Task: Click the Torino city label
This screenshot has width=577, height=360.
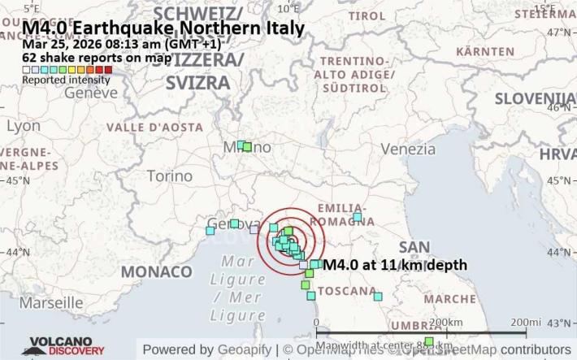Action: (x=169, y=176)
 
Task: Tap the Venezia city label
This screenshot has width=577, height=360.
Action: (x=408, y=149)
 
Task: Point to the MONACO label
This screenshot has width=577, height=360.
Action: (x=156, y=271)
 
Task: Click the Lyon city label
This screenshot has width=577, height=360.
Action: (x=23, y=126)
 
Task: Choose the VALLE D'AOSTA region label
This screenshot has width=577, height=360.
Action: (x=154, y=128)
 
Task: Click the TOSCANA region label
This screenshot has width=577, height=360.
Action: (x=348, y=290)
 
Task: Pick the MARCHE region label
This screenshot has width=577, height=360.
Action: (x=449, y=298)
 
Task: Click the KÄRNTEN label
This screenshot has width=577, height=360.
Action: (x=485, y=51)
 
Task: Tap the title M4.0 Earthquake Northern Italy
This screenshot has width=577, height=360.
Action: (x=163, y=28)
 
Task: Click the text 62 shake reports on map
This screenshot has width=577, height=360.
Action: (x=97, y=58)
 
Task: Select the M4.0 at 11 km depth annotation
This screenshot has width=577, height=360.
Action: (x=395, y=265)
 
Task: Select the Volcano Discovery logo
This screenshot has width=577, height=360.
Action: (x=67, y=347)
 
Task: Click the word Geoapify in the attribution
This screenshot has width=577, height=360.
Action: (x=239, y=349)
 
